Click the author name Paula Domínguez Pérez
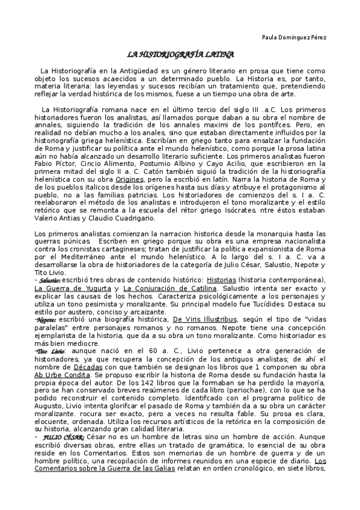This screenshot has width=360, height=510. (x=294, y=37)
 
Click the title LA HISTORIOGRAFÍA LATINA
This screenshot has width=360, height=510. (x=180, y=54)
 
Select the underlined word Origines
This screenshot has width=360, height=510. (x=129, y=179)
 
